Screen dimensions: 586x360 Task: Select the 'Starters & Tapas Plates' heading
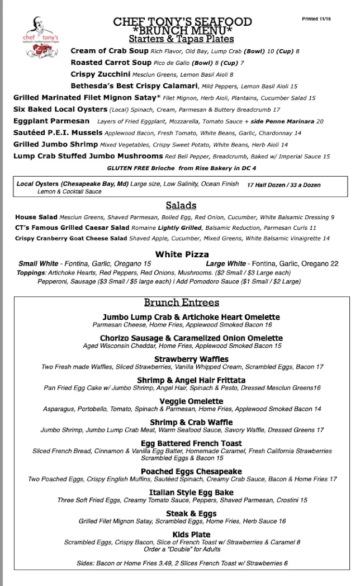(x=181, y=39)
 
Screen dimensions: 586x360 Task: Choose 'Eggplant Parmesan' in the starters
(x=51, y=121)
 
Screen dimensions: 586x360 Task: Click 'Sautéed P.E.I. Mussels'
(x=58, y=133)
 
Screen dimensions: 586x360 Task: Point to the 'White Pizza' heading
(x=182, y=254)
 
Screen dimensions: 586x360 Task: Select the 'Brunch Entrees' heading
(x=182, y=303)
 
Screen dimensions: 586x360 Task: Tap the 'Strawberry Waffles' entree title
(x=191, y=359)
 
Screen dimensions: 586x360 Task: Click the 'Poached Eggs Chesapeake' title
(x=191, y=471)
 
